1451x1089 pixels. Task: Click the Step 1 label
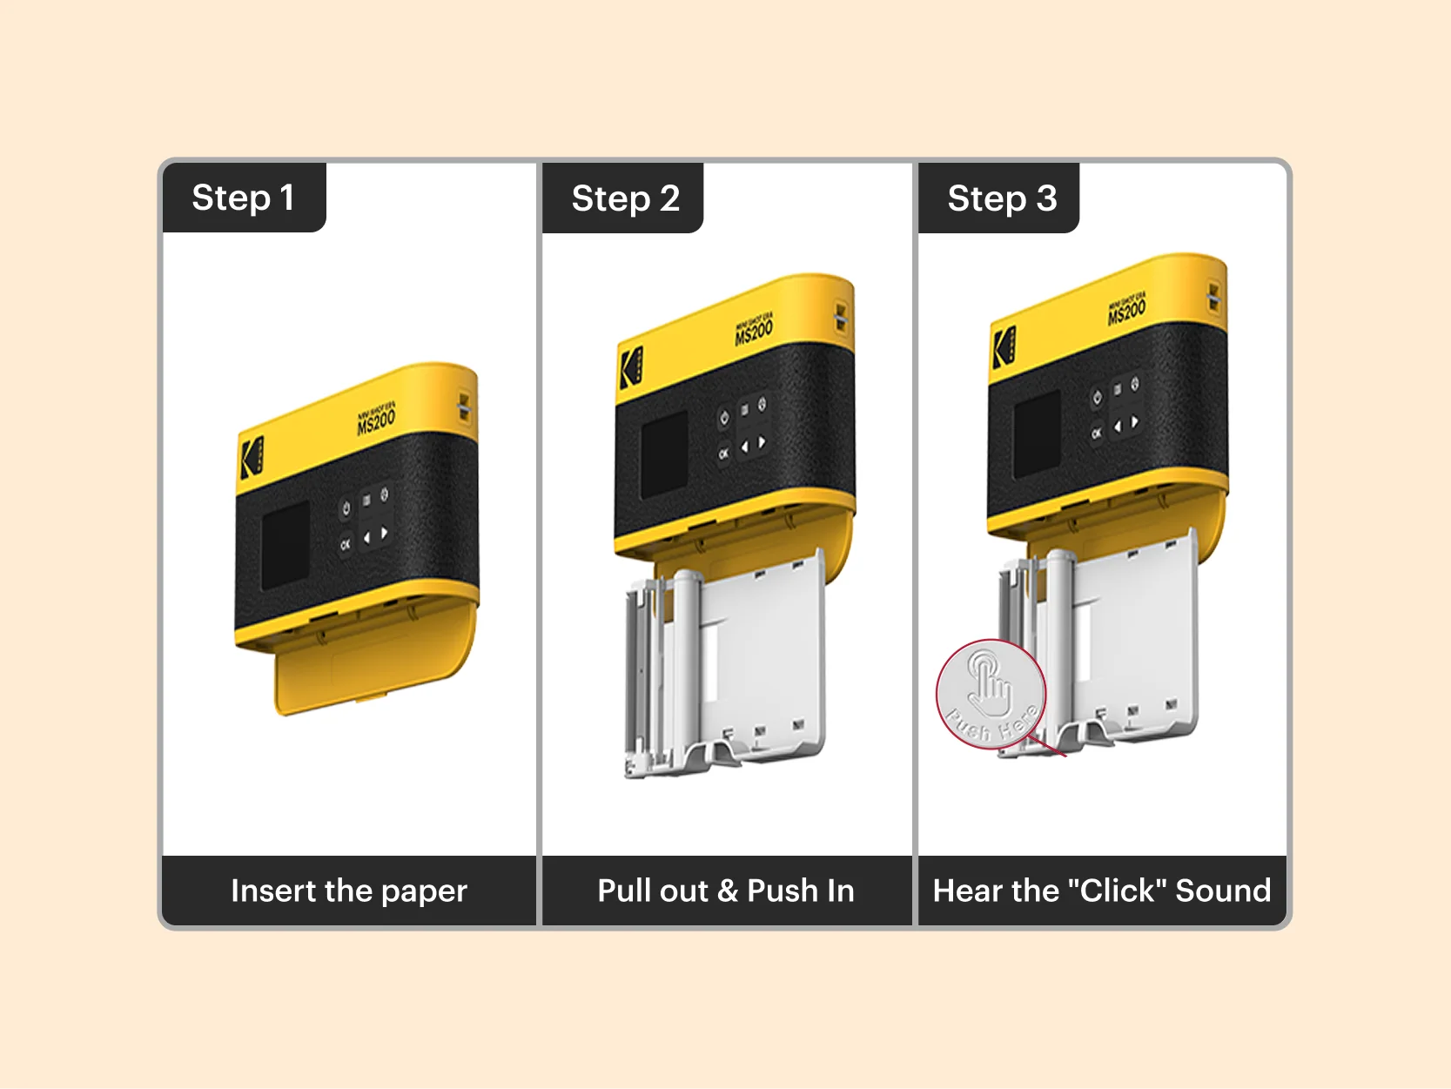click(x=243, y=198)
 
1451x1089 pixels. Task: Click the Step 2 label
click(x=625, y=198)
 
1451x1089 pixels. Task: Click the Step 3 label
click(x=1002, y=198)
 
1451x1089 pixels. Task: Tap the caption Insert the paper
click(x=349, y=891)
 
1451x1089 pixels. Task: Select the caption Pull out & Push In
click(x=726, y=891)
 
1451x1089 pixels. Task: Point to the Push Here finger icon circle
click(x=991, y=694)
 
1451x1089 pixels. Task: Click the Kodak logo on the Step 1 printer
click(x=251, y=456)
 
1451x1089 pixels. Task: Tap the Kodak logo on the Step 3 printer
click(x=1004, y=346)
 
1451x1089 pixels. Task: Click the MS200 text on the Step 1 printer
click(x=376, y=422)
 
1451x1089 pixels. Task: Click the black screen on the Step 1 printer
click(x=285, y=544)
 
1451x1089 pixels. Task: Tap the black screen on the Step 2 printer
click(x=664, y=454)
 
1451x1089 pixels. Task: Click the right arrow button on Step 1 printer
click(x=384, y=533)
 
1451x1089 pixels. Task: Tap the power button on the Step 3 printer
click(x=1097, y=398)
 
